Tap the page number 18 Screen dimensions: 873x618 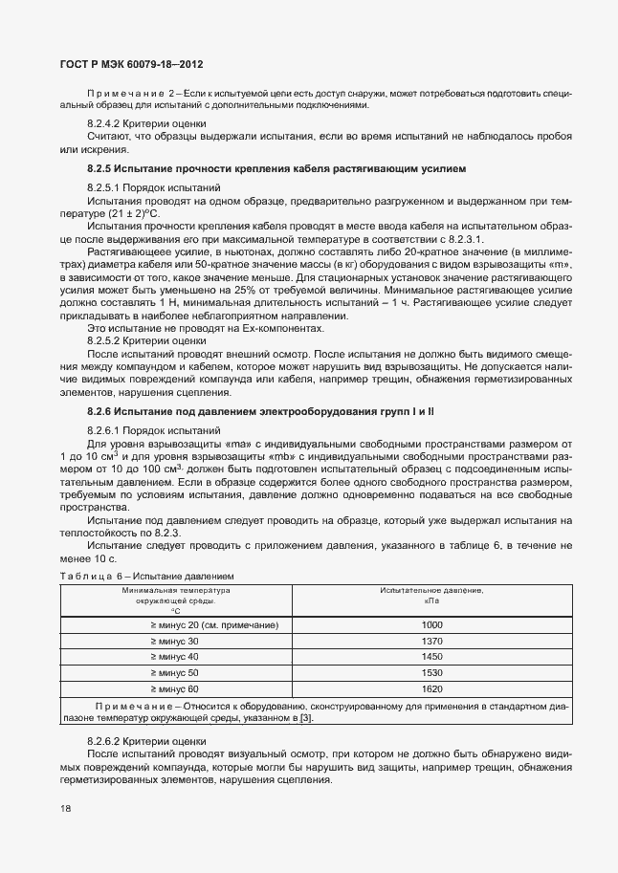(65, 810)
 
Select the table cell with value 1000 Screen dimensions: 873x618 (432, 624)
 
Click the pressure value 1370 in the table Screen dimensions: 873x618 (432, 641)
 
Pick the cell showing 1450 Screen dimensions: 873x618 (432, 657)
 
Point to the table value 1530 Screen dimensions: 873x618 (432, 673)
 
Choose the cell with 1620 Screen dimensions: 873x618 (432, 689)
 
